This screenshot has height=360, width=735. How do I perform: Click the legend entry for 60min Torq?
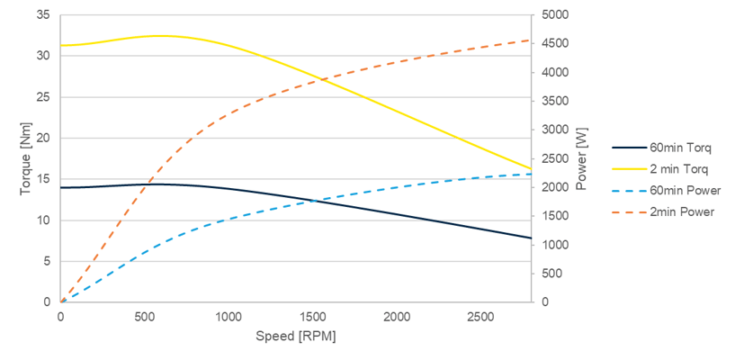coord(668,147)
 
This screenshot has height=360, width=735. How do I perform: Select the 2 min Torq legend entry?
coord(667,168)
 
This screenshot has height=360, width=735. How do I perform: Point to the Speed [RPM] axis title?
coord(296,335)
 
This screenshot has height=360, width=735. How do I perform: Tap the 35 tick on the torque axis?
coord(42,15)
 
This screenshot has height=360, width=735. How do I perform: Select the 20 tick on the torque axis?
coord(42,139)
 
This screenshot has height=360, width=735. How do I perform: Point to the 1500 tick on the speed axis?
coord(313,316)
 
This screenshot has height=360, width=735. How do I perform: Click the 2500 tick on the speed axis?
coord(481,316)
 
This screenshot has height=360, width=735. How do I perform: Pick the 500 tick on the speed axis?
coord(145,316)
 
